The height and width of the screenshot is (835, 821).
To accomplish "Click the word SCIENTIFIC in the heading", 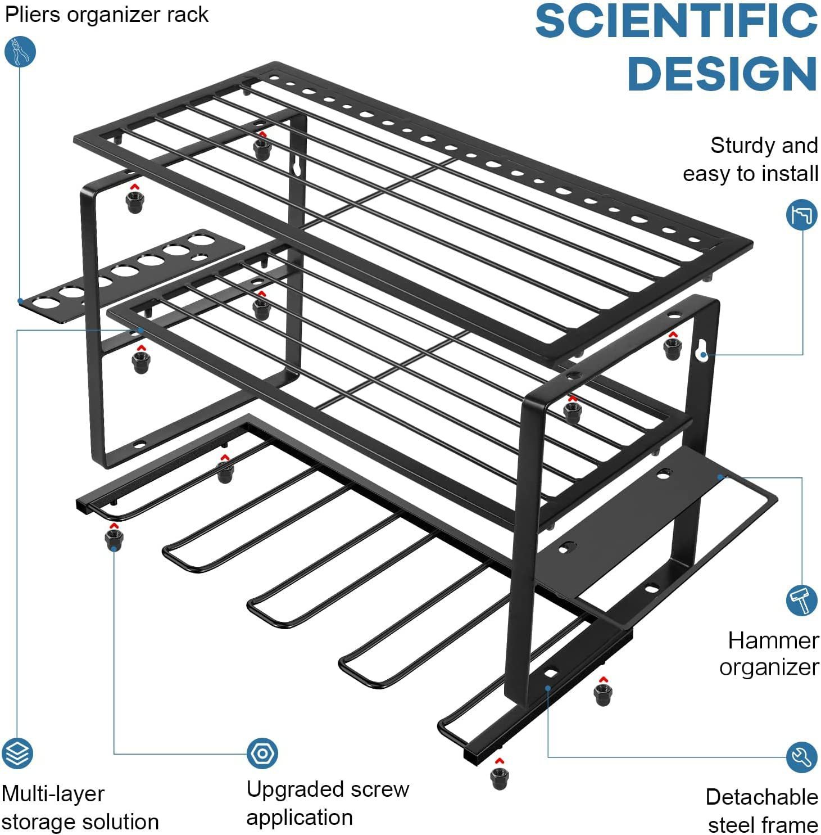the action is click(x=676, y=21).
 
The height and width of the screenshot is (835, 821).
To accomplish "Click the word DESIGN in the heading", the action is click(x=722, y=74).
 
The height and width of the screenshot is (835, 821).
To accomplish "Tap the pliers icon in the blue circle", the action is click(x=20, y=52).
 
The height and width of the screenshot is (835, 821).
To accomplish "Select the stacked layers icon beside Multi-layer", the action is click(x=17, y=753).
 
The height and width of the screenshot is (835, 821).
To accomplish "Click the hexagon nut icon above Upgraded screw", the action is click(x=262, y=753).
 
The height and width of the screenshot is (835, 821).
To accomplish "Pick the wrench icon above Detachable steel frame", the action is click(x=802, y=757).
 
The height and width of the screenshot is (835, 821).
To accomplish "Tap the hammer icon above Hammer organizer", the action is click(x=802, y=600).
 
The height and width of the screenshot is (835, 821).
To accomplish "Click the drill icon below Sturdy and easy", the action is click(x=802, y=214).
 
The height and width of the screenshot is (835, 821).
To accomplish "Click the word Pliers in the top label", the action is click(x=33, y=15).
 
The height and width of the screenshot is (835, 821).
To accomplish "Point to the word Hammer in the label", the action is click(x=773, y=640).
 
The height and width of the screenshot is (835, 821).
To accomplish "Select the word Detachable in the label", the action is click(x=761, y=797).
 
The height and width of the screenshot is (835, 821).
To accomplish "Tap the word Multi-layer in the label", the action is click(x=53, y=794).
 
